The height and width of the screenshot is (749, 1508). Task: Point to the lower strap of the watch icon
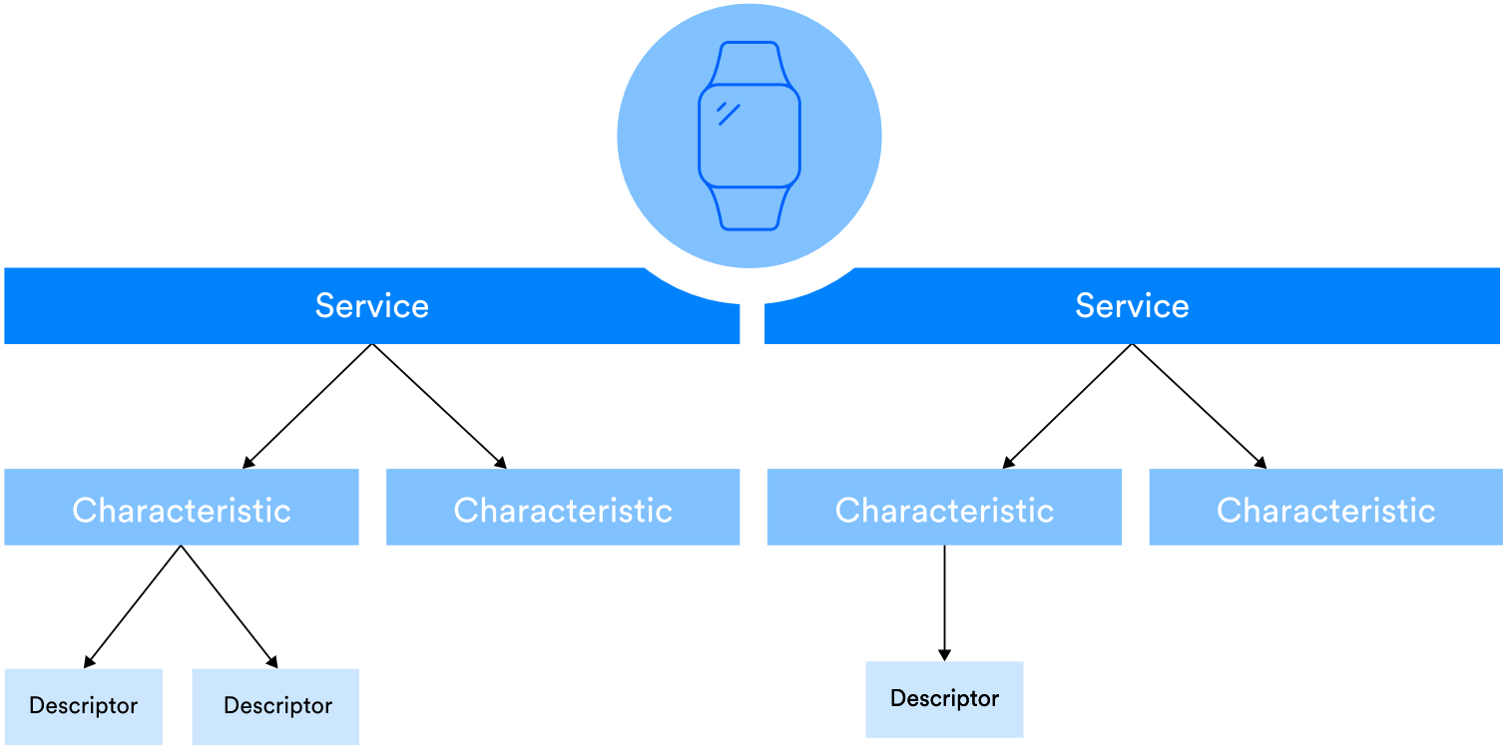tap(749, 208)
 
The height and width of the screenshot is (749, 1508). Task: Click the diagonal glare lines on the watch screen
tap(728, 113)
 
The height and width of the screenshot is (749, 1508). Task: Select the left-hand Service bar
tap(371, 305)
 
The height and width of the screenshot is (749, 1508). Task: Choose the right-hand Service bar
tap(1132, 305)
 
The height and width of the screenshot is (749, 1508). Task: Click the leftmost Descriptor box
tap(84, 706)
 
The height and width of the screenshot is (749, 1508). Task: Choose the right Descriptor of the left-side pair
tap(276, 706)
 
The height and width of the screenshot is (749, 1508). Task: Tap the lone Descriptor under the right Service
tap(944, 699)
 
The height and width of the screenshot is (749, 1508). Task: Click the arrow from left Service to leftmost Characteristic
tap(307, 406)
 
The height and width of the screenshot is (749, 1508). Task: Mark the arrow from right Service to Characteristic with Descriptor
tap(1068, 406)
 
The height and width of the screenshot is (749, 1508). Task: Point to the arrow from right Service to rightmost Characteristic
tap(1199, 406)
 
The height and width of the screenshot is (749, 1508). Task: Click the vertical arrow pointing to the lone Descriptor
tap(944, 602)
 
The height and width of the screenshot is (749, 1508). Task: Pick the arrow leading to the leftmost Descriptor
tap(133, 606)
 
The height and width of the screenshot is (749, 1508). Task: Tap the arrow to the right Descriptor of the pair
tap(229, 606)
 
